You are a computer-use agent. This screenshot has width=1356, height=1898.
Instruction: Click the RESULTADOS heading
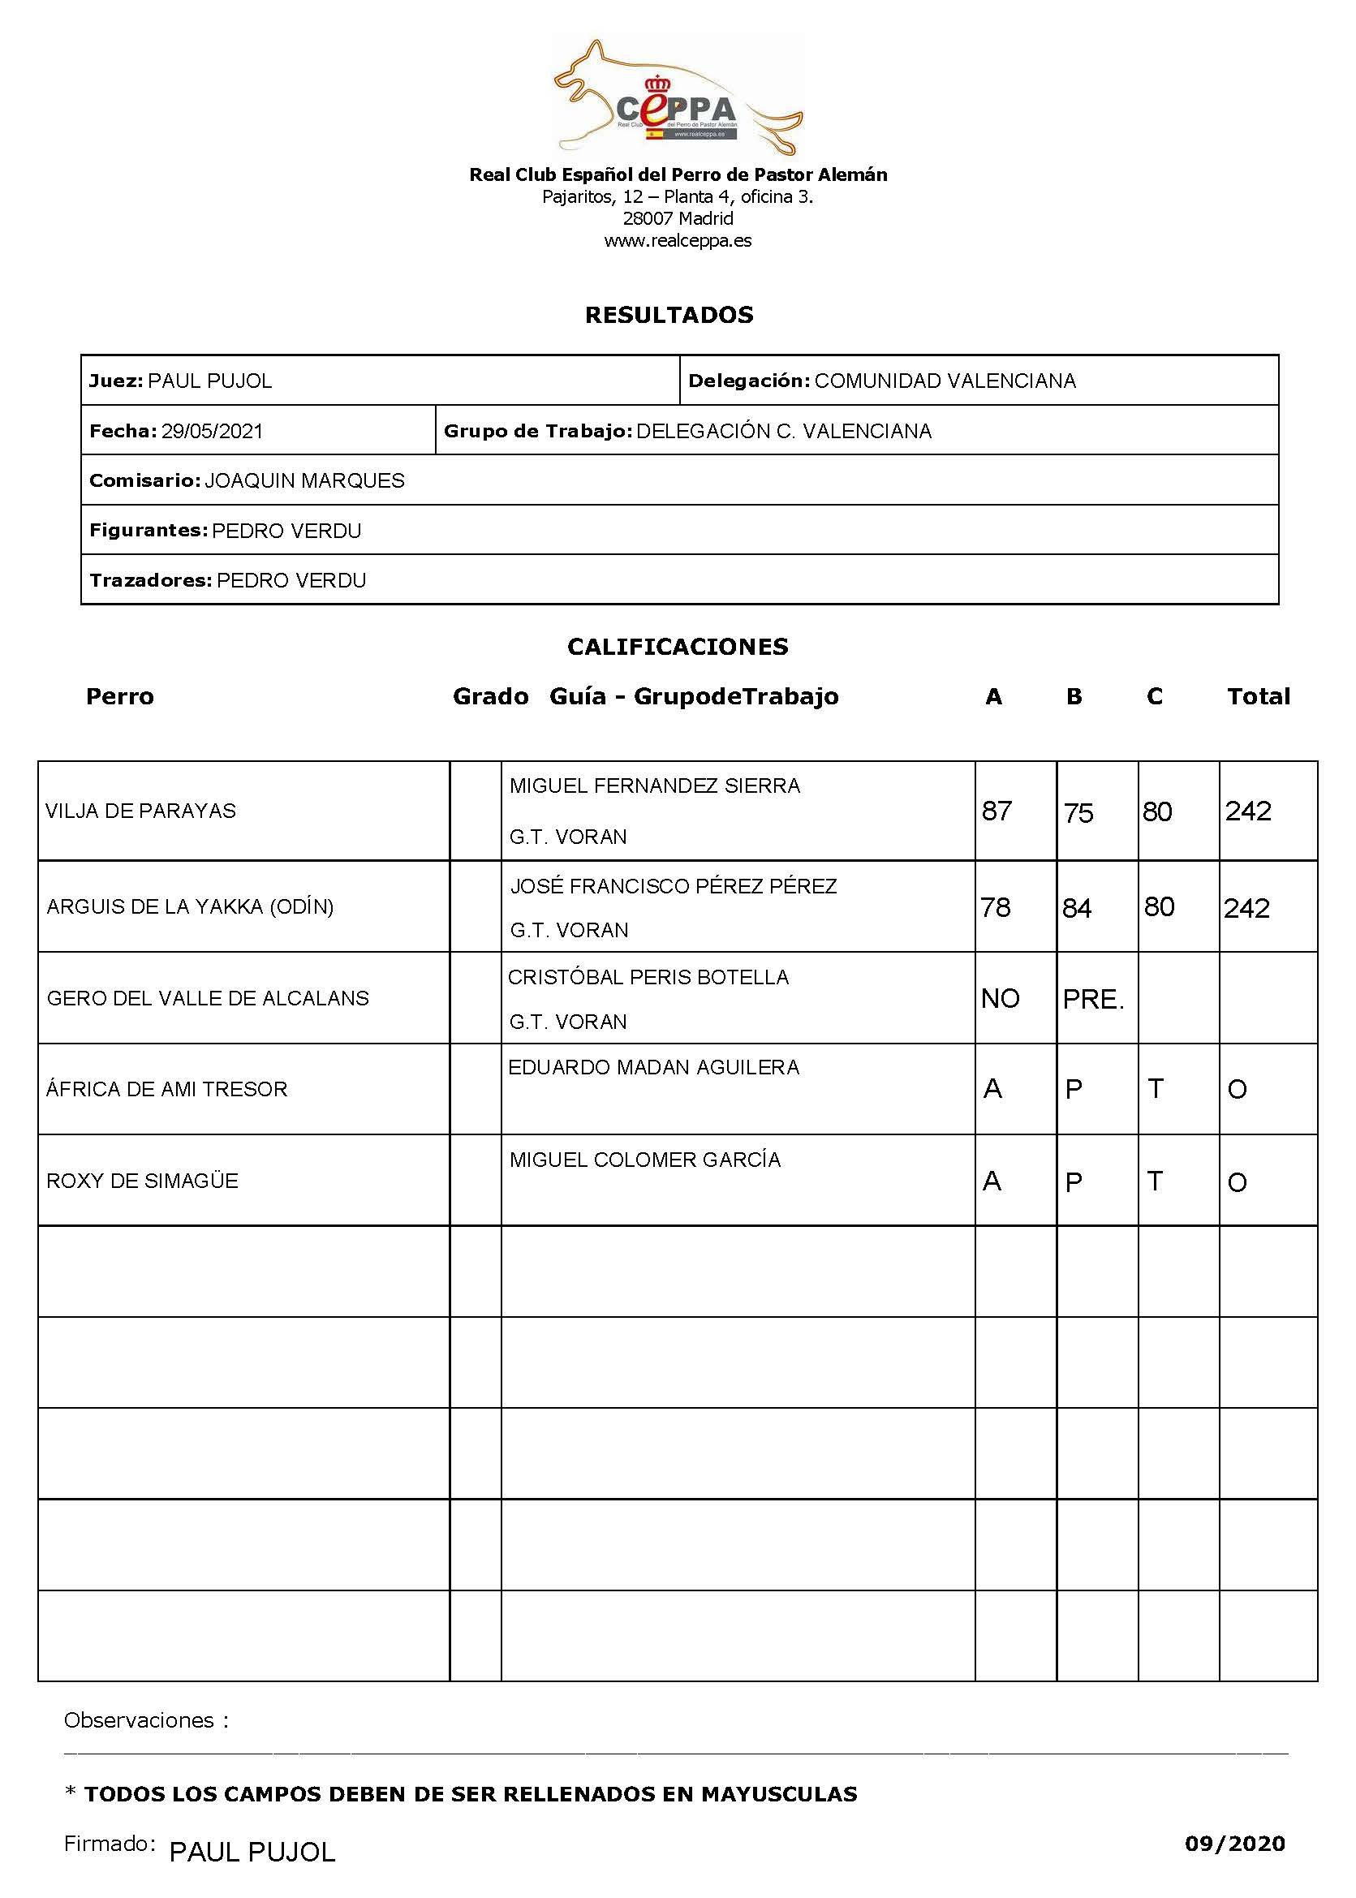[x=669, y=315]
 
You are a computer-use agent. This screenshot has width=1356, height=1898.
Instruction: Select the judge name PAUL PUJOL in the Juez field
[x=209, y=381]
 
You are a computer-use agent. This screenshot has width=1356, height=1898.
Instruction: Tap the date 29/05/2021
[x=212, y=431]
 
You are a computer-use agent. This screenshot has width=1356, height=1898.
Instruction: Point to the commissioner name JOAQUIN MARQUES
[x=304, y=480]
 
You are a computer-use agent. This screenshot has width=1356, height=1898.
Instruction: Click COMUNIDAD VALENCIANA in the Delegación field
[x=945, y=381]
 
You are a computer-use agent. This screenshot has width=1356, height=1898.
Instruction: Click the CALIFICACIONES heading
[x=677, y=646]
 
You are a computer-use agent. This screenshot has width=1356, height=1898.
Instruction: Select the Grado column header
[x=490, y=696]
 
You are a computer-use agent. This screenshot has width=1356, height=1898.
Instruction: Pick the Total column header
[x=1258, y=696]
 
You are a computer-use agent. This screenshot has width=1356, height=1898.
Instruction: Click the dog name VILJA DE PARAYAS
[x=140, y=811]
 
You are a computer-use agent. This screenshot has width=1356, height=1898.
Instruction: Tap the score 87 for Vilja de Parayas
[x=997, y=811]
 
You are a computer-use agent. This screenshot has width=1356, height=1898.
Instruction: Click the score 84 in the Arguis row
[x=1076, y=908]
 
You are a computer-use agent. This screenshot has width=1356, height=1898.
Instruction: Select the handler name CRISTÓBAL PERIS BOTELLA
[x=648, y=977]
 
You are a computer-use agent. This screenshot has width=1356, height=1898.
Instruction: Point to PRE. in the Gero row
[x=1093, y=999]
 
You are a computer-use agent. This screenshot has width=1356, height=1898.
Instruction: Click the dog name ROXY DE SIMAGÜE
[x=142, y=1181]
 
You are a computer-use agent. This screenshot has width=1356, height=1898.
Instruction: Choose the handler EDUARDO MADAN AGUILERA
[x=653, y=1067]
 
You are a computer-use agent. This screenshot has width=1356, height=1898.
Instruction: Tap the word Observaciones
[x=139, y=1720]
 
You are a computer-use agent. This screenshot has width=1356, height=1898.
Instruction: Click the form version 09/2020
[x=1234, y=1844]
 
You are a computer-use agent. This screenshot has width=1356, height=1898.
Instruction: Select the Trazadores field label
[x=150, y=580]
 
